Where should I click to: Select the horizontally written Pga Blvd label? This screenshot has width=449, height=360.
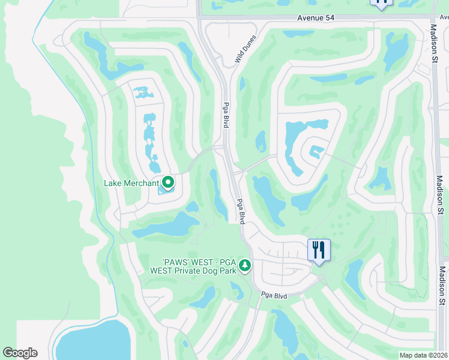coord(274,295)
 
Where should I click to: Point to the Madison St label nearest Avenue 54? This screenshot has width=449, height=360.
coord(434,43)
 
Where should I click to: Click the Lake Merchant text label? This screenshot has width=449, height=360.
coord(131,183)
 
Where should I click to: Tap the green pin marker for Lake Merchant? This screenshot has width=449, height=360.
coord(168,182)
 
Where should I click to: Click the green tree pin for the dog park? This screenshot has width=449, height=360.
coord(244,265)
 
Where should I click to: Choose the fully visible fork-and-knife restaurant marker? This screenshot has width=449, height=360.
coord(319,250)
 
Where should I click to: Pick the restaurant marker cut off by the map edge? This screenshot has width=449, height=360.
coord(381,4)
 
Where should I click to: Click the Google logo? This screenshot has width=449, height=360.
coord(20,353)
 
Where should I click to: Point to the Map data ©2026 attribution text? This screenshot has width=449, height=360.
coord(423,355)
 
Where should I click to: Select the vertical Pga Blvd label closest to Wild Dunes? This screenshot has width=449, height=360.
coord(226,113)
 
